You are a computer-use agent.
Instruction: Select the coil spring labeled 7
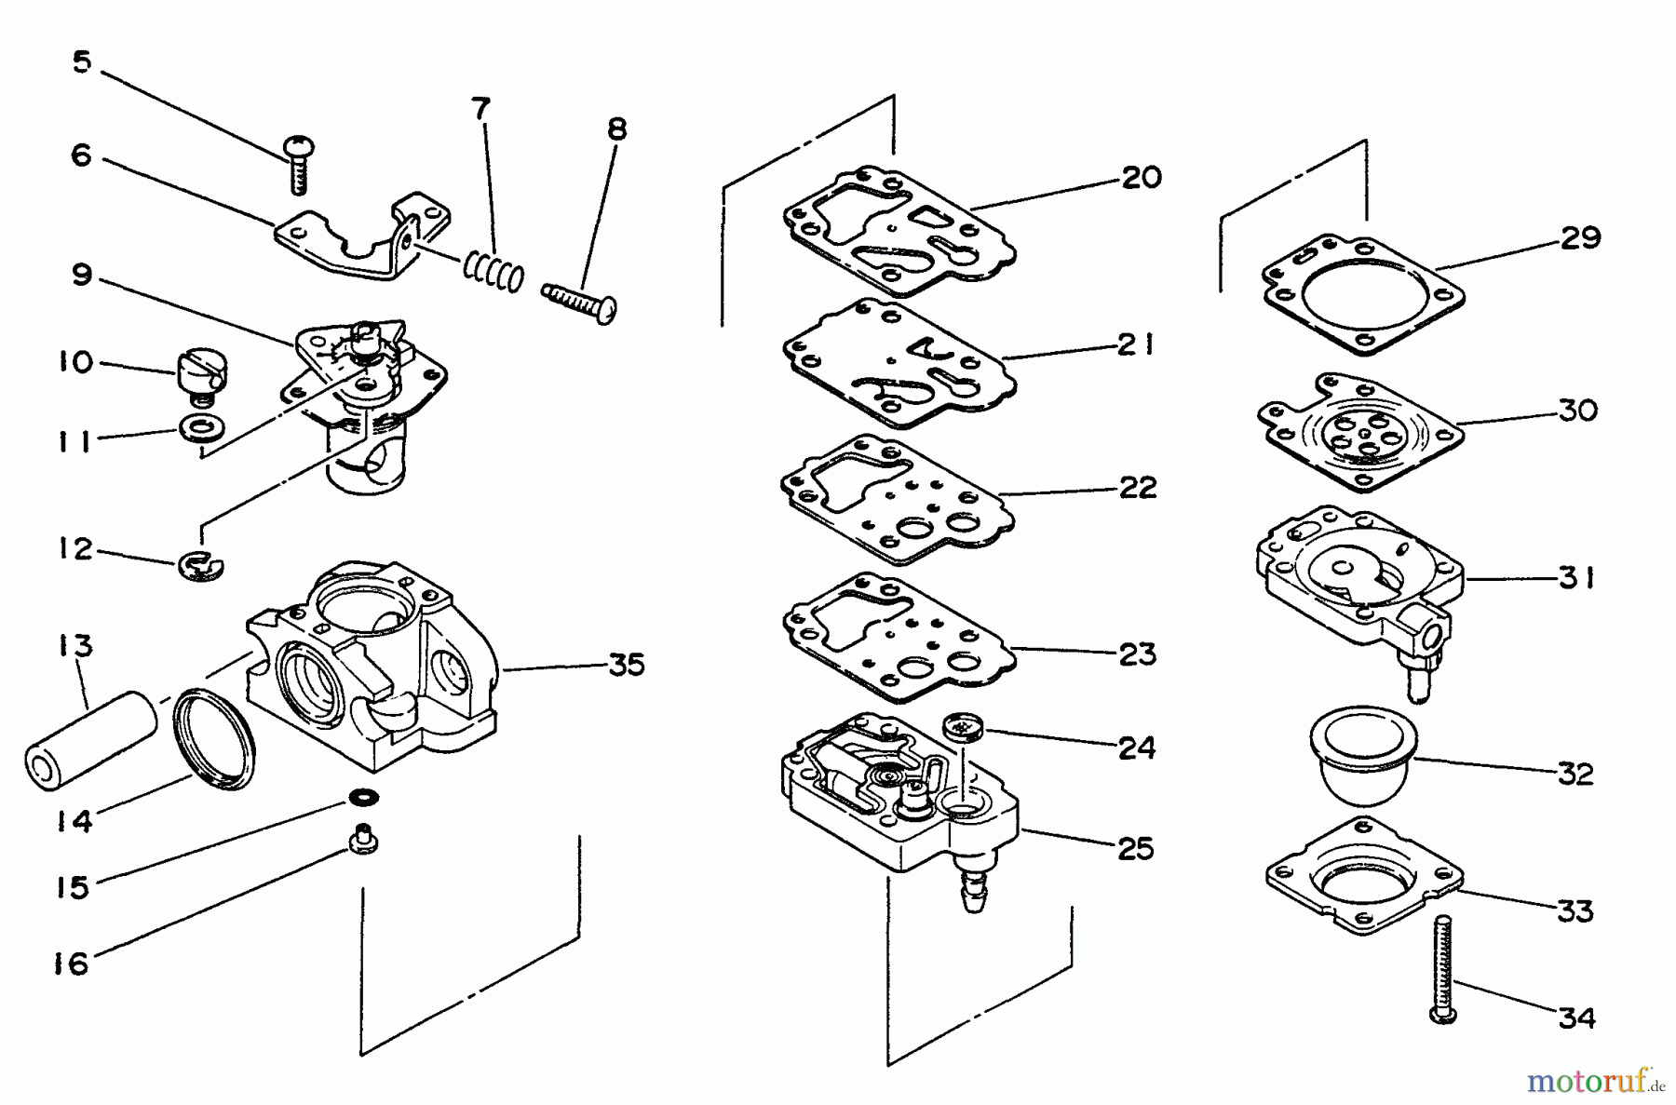(493, 270)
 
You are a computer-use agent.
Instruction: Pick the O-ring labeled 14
(215, 740)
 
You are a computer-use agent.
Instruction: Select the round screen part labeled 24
(960, 725)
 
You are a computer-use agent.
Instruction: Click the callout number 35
(627, 665)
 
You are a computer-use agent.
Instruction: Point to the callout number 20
(1141, 177)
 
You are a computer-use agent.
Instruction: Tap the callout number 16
(71, 963)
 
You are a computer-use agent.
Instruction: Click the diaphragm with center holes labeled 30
(1357, 433)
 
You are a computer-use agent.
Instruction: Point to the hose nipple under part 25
(974, 893)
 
